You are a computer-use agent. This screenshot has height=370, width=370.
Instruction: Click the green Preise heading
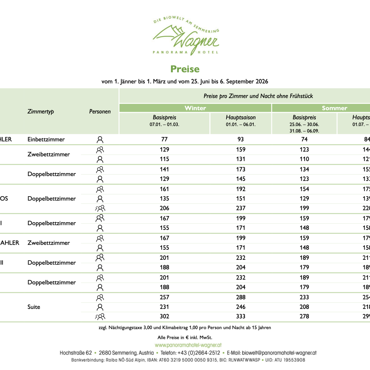(185, 69)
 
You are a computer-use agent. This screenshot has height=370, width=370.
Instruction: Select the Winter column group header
(195, 108)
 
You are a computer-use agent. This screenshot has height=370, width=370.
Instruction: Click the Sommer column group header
(334, 108)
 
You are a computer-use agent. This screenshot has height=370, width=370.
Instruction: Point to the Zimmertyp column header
(40, 112)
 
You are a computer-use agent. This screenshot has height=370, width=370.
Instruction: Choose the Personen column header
(100, 112)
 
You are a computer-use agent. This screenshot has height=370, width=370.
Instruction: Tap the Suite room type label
(34, 307)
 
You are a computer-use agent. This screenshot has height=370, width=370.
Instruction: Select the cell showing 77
(164, 139)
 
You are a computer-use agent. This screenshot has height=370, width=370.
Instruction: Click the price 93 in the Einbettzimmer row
(241, 139)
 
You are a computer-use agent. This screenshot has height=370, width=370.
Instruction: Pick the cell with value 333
(241, 316)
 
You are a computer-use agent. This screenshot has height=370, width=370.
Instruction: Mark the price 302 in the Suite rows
(164, 316)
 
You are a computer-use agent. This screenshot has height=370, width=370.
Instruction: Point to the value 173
(241, 169)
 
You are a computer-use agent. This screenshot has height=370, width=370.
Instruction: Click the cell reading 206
(164, 208)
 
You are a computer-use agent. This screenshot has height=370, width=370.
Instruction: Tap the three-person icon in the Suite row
(100, 317)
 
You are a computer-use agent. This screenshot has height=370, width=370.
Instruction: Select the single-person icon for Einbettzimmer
(100, 139)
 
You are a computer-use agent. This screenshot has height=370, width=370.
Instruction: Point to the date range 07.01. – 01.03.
(164, 124)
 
